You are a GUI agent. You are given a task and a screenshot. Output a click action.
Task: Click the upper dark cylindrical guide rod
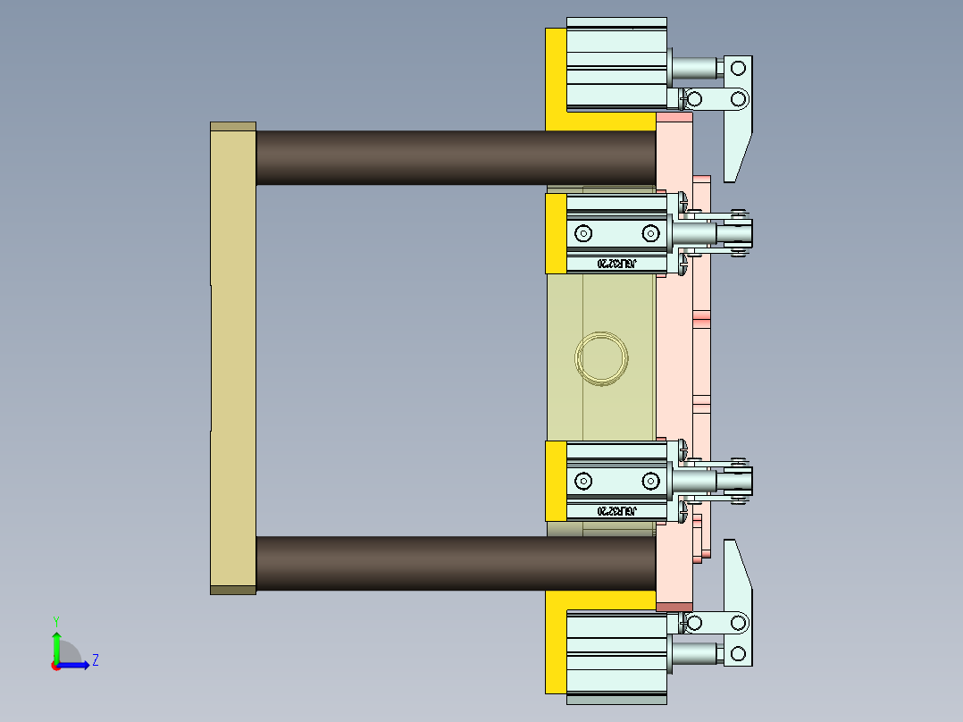pos(456,158)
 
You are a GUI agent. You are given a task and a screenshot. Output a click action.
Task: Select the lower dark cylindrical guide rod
pos(456,563)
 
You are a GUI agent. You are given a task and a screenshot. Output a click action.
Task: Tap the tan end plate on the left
pos(233,357)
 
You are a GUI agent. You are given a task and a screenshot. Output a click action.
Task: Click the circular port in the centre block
pos(601,358)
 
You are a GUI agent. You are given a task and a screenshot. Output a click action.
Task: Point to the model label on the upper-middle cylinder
pos(615,264)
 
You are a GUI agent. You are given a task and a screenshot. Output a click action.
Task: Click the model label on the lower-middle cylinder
pos(615,511)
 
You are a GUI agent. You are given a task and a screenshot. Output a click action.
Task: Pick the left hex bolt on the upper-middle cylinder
pos(583,233)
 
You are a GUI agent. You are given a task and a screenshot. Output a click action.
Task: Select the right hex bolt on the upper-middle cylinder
pos(649,233)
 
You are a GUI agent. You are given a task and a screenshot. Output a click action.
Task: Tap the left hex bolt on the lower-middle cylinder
pos(583,481)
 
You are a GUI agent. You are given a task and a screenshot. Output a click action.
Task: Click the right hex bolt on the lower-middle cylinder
pos(649,481)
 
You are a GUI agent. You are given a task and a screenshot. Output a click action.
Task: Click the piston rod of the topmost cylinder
pos(695,68)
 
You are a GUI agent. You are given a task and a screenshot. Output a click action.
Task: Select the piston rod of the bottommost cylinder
pos(695,653)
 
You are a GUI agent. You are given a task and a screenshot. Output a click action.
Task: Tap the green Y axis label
pos(55,620)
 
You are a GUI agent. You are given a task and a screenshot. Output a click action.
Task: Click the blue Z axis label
pos(95,660)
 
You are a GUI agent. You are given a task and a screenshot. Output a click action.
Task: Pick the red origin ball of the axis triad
pos(55,666)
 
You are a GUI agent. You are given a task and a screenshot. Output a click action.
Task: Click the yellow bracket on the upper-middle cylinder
pos(555,233)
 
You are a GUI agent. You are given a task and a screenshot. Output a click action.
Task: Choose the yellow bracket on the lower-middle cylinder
pos(555,481)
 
